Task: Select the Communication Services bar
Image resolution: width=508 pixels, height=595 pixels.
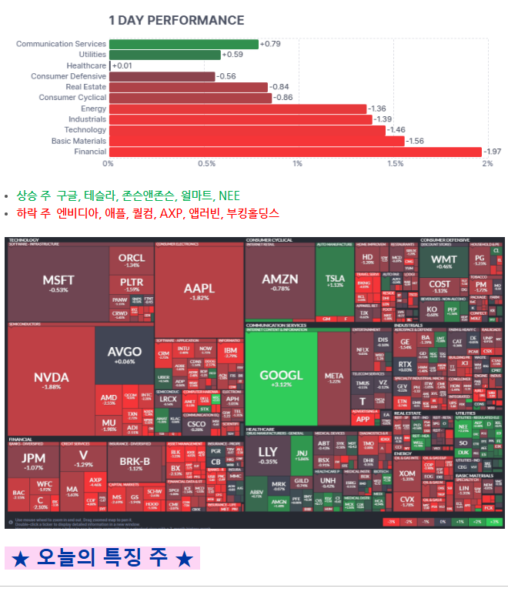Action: [183, 44]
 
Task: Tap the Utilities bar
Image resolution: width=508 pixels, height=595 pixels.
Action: [164, 55]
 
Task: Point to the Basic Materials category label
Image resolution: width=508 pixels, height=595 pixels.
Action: [79, 141]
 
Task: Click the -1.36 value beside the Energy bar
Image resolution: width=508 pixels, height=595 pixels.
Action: [377, 109]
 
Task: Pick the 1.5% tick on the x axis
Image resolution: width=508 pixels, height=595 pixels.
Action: [395, 164]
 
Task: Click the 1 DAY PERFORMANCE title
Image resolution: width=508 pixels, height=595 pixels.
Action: [176, 20]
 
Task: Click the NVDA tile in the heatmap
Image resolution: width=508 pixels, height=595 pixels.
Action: [51, 379]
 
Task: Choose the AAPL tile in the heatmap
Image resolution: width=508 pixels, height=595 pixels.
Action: [199, 291]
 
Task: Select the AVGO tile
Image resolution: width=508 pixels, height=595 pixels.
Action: [124, 355]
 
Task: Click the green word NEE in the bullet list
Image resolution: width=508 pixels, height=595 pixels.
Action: [229, 196]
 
